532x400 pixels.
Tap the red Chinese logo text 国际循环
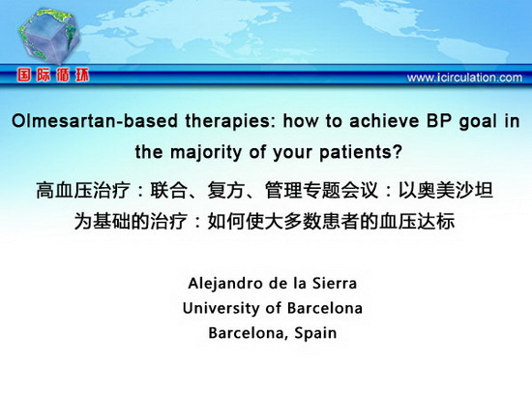[53, 76]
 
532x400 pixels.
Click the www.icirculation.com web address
[464, 77]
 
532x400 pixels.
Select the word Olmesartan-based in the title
[95, 121]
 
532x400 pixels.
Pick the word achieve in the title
[384, 121]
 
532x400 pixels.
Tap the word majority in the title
[206, 152]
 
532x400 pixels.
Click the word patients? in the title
[361, 152]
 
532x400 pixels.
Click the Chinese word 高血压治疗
[83, 191]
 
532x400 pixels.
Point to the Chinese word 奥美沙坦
[456, 190]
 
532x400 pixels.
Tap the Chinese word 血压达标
[417, 222]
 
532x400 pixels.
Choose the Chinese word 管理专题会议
[322, 190]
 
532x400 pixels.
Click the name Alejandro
[225, 284]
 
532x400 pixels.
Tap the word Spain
[315, 333]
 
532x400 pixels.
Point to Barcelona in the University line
[325, 308]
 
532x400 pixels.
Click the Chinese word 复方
[226, 190]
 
